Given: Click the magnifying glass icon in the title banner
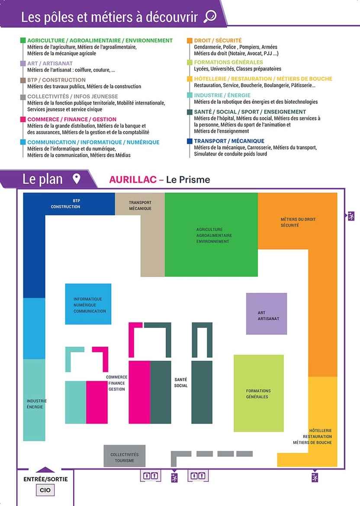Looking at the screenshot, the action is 210,16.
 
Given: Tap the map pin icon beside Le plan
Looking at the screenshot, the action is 76,179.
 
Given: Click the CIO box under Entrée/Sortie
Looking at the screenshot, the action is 45,490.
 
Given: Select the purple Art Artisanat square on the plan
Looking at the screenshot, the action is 267,314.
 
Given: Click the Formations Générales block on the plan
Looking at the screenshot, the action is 259,394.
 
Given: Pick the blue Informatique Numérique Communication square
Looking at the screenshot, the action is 88,304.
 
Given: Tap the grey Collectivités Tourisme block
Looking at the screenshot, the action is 124,456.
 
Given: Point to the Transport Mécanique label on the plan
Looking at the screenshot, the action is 140,205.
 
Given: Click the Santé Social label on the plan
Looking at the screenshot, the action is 181,382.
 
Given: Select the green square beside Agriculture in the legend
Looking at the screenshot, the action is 23,40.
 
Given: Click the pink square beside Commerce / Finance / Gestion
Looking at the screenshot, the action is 23,119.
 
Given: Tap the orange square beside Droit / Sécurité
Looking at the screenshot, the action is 190,40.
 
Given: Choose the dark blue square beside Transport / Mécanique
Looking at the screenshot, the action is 190,141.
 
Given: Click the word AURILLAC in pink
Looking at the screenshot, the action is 133,179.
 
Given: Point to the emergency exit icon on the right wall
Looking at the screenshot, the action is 351,216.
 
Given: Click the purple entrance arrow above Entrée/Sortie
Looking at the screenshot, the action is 45,470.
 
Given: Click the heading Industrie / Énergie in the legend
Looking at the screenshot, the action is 222,95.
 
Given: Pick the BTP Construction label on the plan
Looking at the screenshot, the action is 65,204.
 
